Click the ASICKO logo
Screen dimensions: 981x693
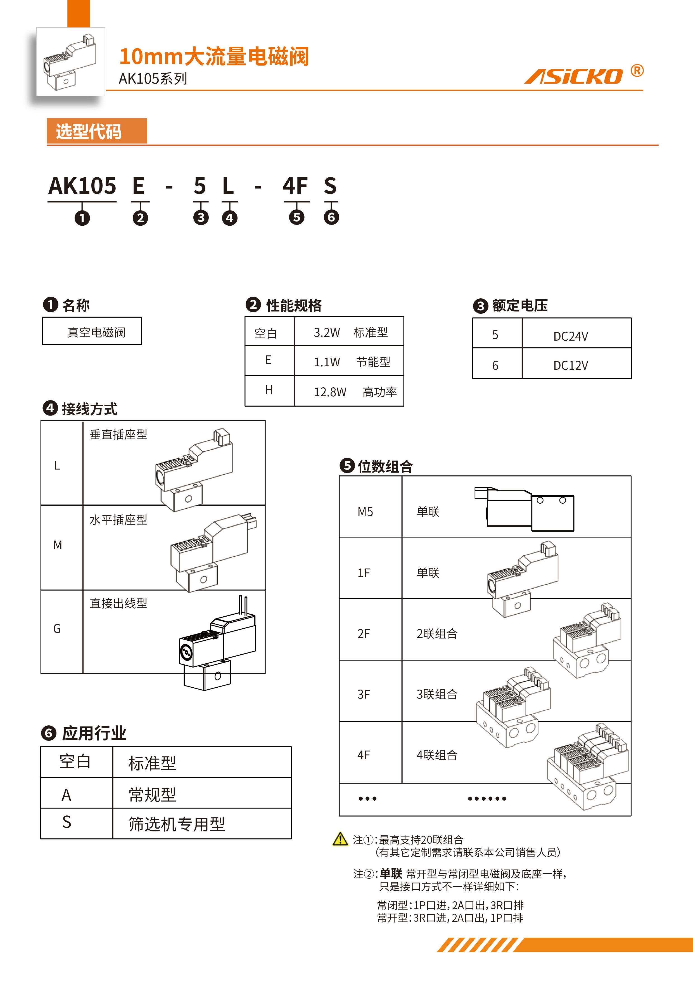pos(573,76)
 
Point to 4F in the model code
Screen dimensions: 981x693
pos(295,186)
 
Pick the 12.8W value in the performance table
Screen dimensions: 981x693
pos(330,392)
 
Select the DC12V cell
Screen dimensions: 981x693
pos(570,365)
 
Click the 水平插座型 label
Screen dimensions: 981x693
pos(118,520)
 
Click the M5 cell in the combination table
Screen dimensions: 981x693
pos(366,511)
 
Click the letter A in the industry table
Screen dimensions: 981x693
pos(67,795)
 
